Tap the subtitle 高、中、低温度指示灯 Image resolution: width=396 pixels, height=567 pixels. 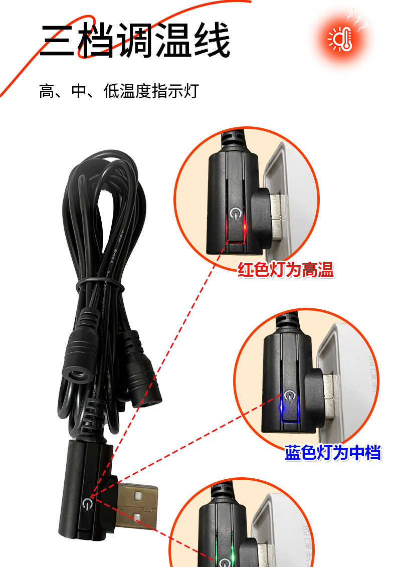pyautogui.click(x=119, y=91)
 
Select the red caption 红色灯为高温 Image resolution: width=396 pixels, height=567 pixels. pyautogui.click(x=286, y=271)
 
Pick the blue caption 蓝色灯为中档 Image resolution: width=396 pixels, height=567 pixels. pyautogui.click(x=333, y=453)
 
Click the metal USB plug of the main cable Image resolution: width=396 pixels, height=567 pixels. pyautogui.click(x=137, y=506)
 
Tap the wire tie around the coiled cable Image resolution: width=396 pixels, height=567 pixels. pyautogui.click(x=100, y=285)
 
